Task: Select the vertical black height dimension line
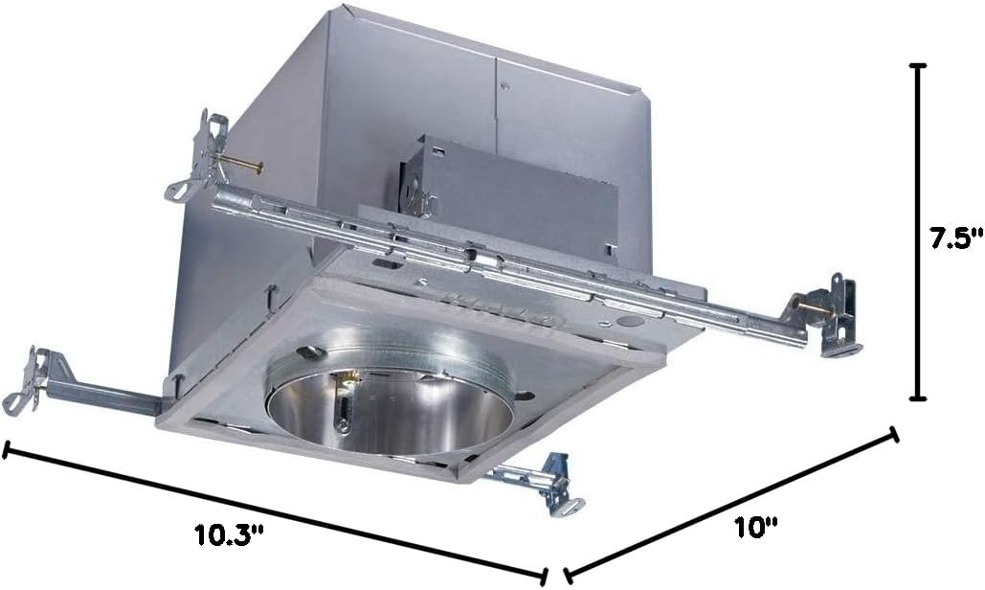[919, 232]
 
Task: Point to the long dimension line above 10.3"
[275, 511]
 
